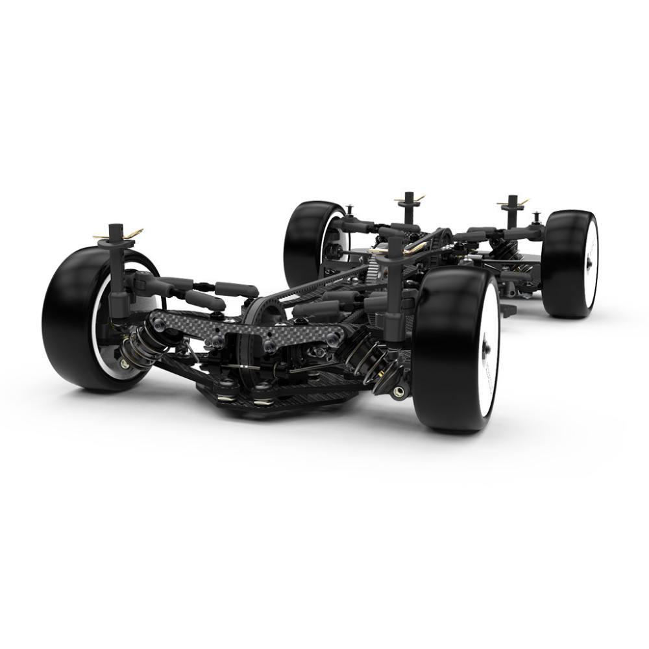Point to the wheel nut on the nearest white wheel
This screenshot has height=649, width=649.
[485, 350]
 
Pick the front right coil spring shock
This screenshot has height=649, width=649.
[370, 363]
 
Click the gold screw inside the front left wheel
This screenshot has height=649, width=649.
[123, 363]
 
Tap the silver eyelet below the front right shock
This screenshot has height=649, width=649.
[397, 391]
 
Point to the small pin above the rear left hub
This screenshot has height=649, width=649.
[350, 209]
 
